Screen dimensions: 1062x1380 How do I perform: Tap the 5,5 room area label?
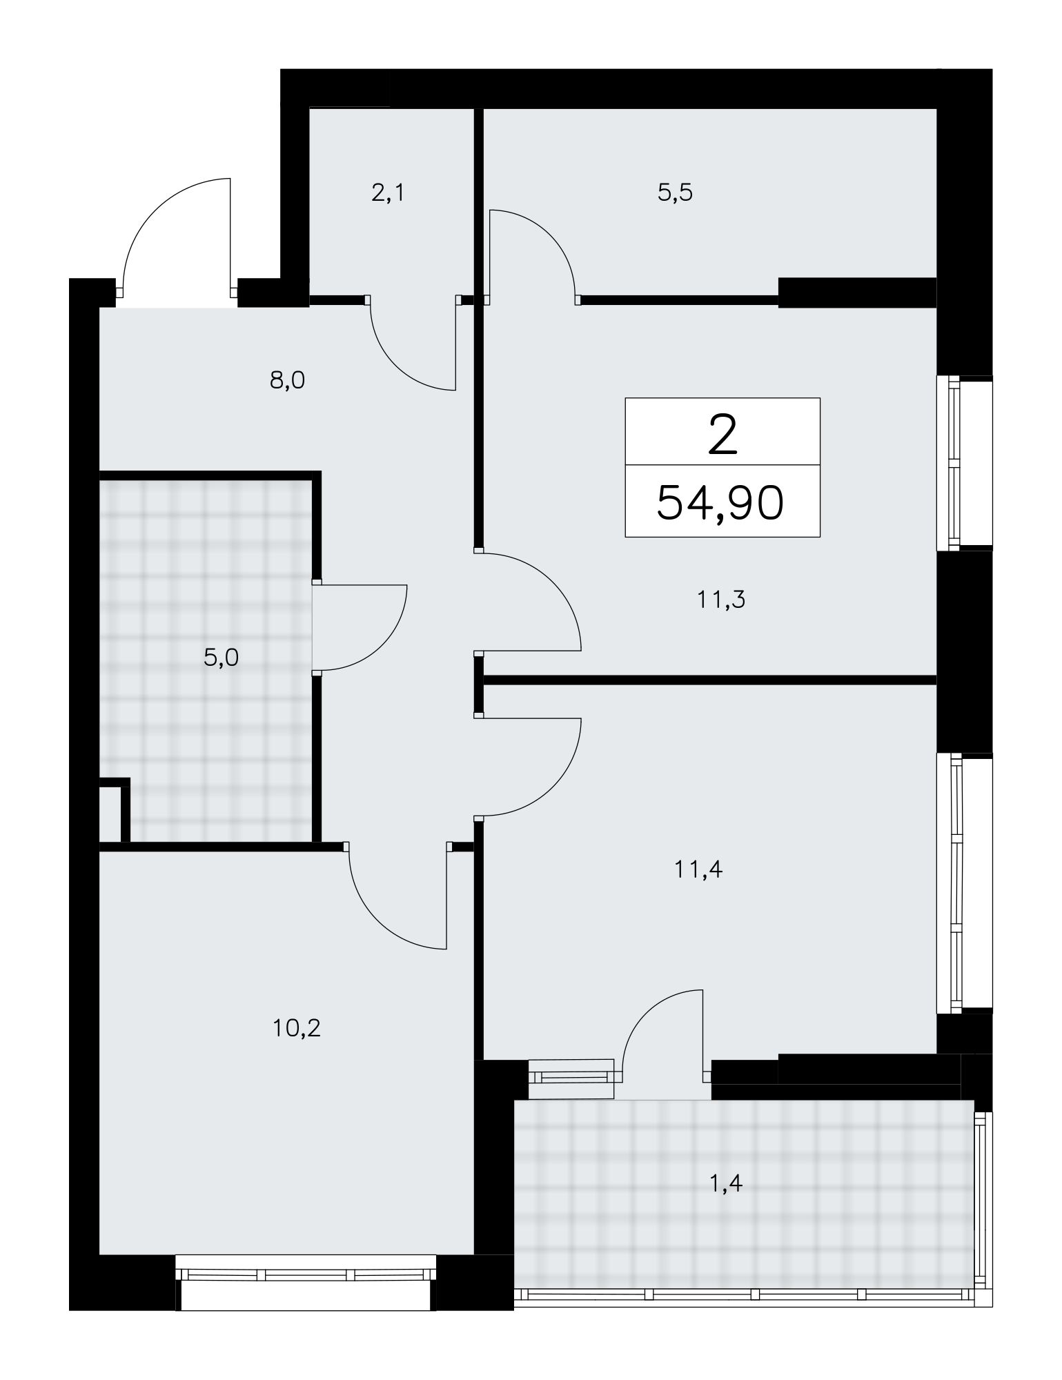tap(675, 193)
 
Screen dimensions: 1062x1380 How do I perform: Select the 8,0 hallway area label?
tap(287, 380)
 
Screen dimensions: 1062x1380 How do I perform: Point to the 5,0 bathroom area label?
tap(221, 658)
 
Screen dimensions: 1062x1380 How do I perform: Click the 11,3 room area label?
tap(721, 600)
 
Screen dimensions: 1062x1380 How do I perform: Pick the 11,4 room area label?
tap(698, 869)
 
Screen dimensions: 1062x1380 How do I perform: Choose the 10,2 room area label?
tap(297, 1029)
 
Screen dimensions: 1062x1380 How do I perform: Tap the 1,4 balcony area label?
tap(725, 1184)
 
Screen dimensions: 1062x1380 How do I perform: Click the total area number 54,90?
tap(720, 502)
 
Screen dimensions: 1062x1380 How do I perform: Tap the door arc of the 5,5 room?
tap(549, 238)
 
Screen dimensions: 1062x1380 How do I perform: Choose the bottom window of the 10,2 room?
tap(306, 1281)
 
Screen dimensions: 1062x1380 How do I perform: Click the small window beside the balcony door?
tap(571, 1079)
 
